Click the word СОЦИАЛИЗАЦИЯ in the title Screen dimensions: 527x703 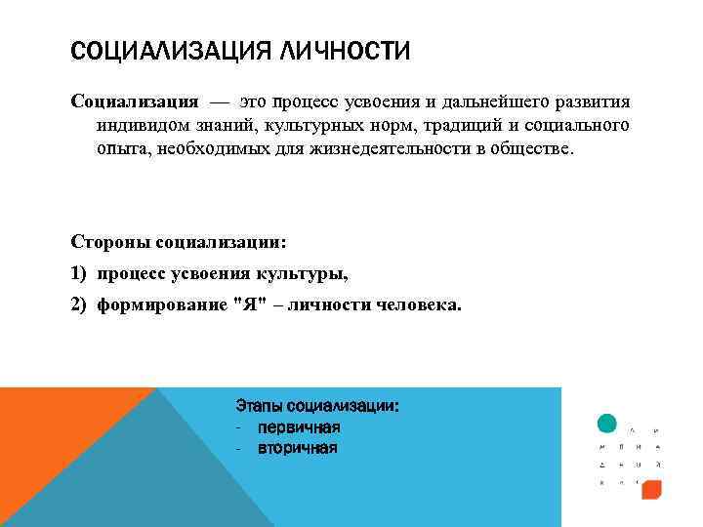[171, 50]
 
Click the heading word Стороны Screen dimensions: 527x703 [105, 240]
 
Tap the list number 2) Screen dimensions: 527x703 [79, 304]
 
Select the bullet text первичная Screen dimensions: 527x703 [298, 427]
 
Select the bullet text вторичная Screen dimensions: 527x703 [298, 449]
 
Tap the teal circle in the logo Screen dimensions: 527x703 [606, 424]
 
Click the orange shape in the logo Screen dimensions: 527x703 [651, 490]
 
